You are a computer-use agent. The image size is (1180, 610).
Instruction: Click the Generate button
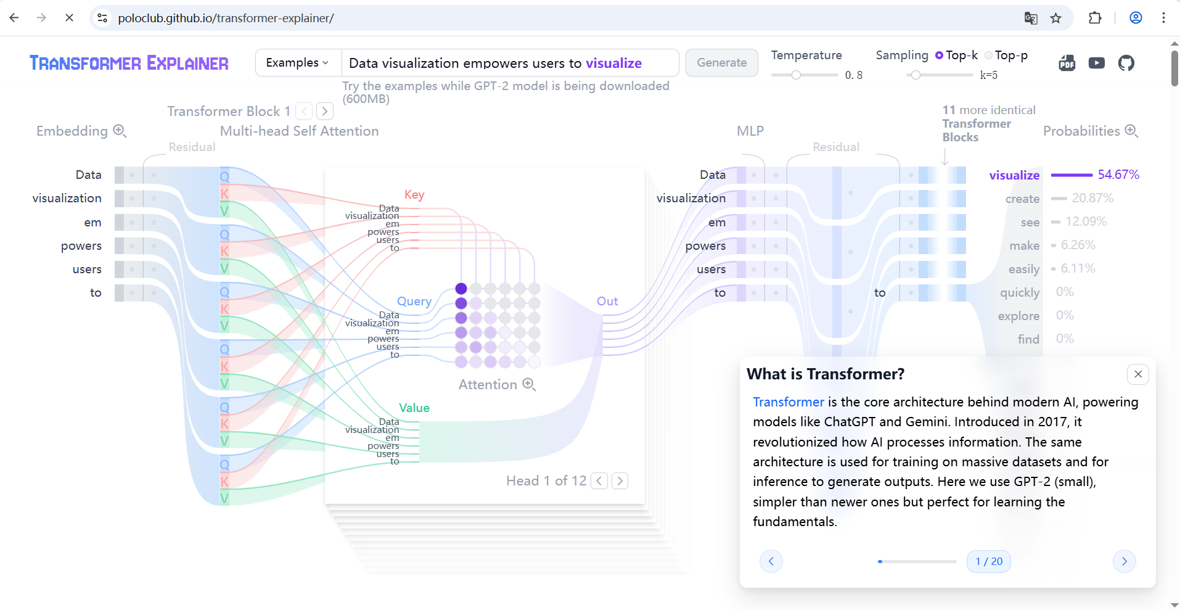tap(721, 63)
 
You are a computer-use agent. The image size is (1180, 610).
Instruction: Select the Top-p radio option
tap(989, 56)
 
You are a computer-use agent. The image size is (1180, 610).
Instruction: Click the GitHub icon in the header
tap(1126, 63)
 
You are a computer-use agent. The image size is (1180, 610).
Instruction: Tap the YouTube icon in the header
tap(1096, 63)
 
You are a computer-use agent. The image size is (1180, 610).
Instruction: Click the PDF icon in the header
tap(1067, 63)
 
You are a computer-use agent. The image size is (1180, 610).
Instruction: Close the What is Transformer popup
tap(1137, 374)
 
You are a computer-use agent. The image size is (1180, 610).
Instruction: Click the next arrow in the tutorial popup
tap(1124, 561)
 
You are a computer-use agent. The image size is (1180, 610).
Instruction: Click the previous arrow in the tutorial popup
tap(771, 561)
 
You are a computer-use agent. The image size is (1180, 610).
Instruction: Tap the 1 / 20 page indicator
tap(989, 561)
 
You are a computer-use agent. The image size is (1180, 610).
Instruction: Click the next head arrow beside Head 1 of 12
tap(620, 481)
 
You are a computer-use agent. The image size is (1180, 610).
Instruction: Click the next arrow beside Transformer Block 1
tap(325, 112)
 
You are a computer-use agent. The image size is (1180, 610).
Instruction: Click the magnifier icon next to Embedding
tap(120, 131)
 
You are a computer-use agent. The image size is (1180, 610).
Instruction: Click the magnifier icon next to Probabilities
tap(1131, 131)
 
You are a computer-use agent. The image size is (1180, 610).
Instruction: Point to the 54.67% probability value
tap(1118, 175)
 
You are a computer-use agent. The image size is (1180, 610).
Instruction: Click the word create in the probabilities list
tap(1022, 199)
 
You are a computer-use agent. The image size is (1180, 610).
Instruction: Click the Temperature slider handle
tap(796, 75)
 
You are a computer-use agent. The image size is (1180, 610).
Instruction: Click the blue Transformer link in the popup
tap(788, 402)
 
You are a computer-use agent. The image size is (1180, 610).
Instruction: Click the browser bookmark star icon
tap(1055, 18)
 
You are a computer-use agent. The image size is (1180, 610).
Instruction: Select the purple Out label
tap(607, 301)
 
